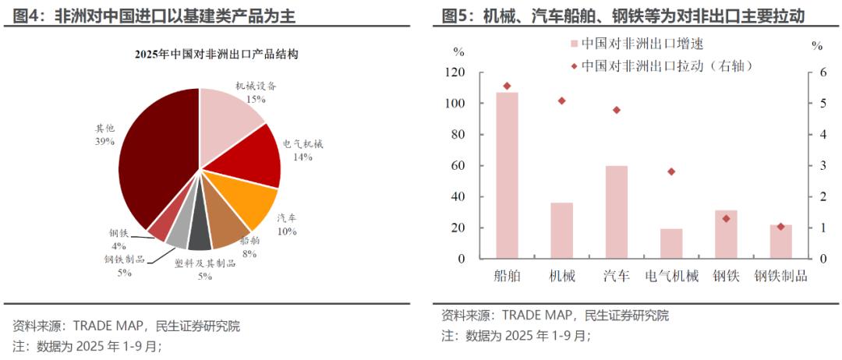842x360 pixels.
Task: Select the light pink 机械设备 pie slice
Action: click(x=230, y=117)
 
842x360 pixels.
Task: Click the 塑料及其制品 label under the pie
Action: click(x=205, y=264)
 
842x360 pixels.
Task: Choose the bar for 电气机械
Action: click(x=671, y=244)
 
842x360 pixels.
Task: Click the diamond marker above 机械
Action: click(x=562, y=101)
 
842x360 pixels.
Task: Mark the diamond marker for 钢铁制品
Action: click(x=780, y=227)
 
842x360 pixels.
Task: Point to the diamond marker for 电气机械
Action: click(x=671, y=171)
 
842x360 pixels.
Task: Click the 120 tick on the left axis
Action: click(x=454, y=72)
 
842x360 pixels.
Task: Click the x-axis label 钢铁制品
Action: click(x=780, y=276)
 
